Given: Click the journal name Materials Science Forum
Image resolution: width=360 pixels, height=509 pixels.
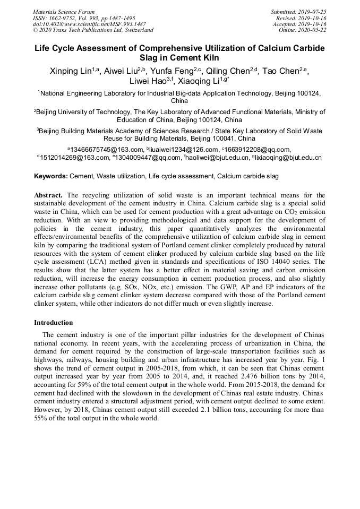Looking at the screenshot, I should (64, 12).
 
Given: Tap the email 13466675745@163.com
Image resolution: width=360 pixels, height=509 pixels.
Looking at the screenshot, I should (107, 149).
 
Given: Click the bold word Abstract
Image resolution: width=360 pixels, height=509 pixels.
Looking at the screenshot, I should (49, 195).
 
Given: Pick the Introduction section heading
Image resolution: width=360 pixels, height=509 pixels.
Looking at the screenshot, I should (54, 322).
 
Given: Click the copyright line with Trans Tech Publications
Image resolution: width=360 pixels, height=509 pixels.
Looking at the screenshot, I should (93, 30).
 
